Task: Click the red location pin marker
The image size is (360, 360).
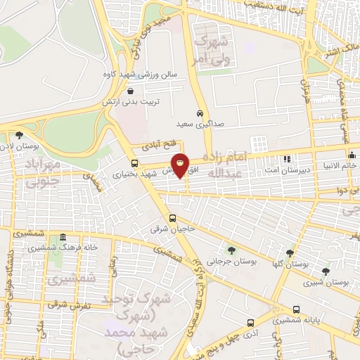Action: tap(181, 165)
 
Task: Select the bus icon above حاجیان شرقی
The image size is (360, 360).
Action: tap(173, 217)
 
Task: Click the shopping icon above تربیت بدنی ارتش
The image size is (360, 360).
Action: tap(131, 90)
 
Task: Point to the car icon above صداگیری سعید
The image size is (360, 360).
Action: tap(200, 112)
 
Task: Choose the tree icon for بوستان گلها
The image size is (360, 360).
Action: tap(290, 252)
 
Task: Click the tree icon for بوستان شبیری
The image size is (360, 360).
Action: tap(325, 271)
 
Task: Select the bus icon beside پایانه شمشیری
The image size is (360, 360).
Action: tap(296, 309)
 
